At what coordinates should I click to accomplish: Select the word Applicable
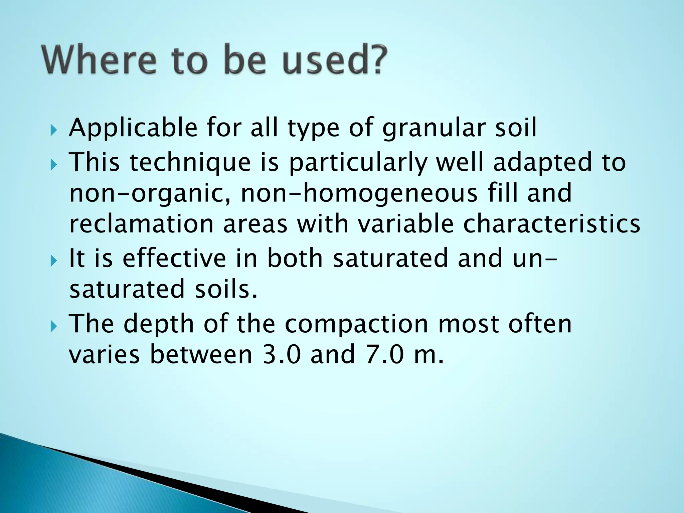[133, 129]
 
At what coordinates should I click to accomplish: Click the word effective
[174, 259]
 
